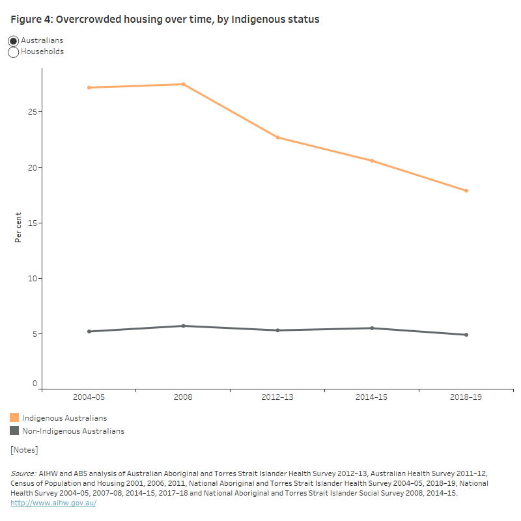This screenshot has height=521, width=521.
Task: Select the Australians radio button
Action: coord(14,40)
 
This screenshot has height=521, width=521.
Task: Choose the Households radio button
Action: coord(14,52)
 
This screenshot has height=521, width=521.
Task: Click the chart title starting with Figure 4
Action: coord(165,20)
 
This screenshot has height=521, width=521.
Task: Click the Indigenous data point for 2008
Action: coord(184,84)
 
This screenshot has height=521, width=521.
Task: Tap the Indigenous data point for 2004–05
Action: coord(89,87)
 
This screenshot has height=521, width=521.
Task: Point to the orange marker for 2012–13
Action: coord(278,137)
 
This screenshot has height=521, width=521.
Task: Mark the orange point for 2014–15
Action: coord(372,161)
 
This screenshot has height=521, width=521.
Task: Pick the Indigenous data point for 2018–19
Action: coord(466,191)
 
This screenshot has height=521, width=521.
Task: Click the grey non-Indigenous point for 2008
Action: coord(184,326)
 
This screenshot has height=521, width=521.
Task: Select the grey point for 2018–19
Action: coord(466,335)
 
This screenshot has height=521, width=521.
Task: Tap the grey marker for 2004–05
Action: coord(89,331)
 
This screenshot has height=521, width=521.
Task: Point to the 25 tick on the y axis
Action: coord(33,112)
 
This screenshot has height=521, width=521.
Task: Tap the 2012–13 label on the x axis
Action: coord(278,397)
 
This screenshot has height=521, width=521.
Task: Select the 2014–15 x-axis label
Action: coord(372,397)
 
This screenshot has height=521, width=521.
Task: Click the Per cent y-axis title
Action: coord(18,227)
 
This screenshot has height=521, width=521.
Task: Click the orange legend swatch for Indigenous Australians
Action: coord(14,417)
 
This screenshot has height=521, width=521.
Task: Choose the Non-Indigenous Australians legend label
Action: coord(73,431)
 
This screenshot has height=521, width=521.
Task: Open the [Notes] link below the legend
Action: coord(24,450)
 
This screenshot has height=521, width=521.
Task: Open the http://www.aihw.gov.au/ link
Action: coord(53,503)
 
